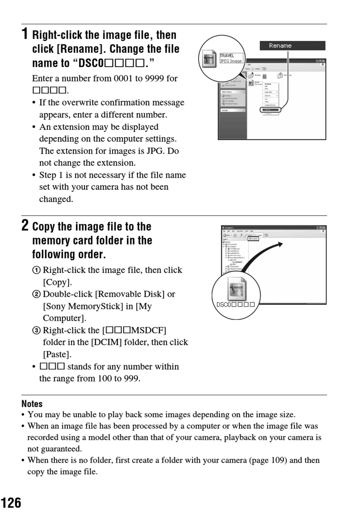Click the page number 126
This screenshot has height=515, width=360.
coord(11,503)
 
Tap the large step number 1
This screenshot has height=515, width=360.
coord(25,34)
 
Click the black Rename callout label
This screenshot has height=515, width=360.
coord(292,46)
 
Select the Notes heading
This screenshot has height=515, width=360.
coord(32,404)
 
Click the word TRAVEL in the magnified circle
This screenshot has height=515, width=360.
coord(227,56)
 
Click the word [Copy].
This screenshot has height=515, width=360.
coord(57,282)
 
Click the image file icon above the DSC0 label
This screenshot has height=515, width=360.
coord(236,289)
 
